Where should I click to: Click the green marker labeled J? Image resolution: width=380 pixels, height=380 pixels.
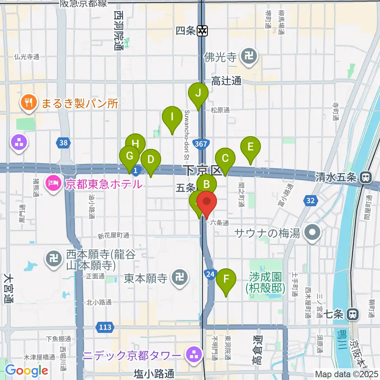tap(198, 94)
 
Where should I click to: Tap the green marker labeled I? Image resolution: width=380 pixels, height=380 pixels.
tap(172, 117)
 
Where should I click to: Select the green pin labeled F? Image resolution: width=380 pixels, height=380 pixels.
tap(226, 279)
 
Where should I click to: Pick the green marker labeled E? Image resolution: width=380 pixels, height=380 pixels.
tap(250, 147)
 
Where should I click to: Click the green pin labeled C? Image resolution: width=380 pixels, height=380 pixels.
tap(225, 159)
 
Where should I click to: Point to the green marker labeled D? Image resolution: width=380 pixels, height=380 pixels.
tap(150, 160)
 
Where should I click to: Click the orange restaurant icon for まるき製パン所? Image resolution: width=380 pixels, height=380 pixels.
tap(27, 104)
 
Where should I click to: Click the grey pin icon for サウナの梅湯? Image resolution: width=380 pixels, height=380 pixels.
tap(313, 232)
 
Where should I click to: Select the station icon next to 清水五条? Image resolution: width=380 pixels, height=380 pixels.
tap(366, 178)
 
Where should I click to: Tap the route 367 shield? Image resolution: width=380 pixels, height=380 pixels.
tap(201, 144)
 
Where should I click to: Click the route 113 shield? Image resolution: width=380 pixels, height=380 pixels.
tap(105, 327)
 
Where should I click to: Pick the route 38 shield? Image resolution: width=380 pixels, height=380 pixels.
tap(65, 142)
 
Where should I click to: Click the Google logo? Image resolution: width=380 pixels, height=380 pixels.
tap(27, 370)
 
